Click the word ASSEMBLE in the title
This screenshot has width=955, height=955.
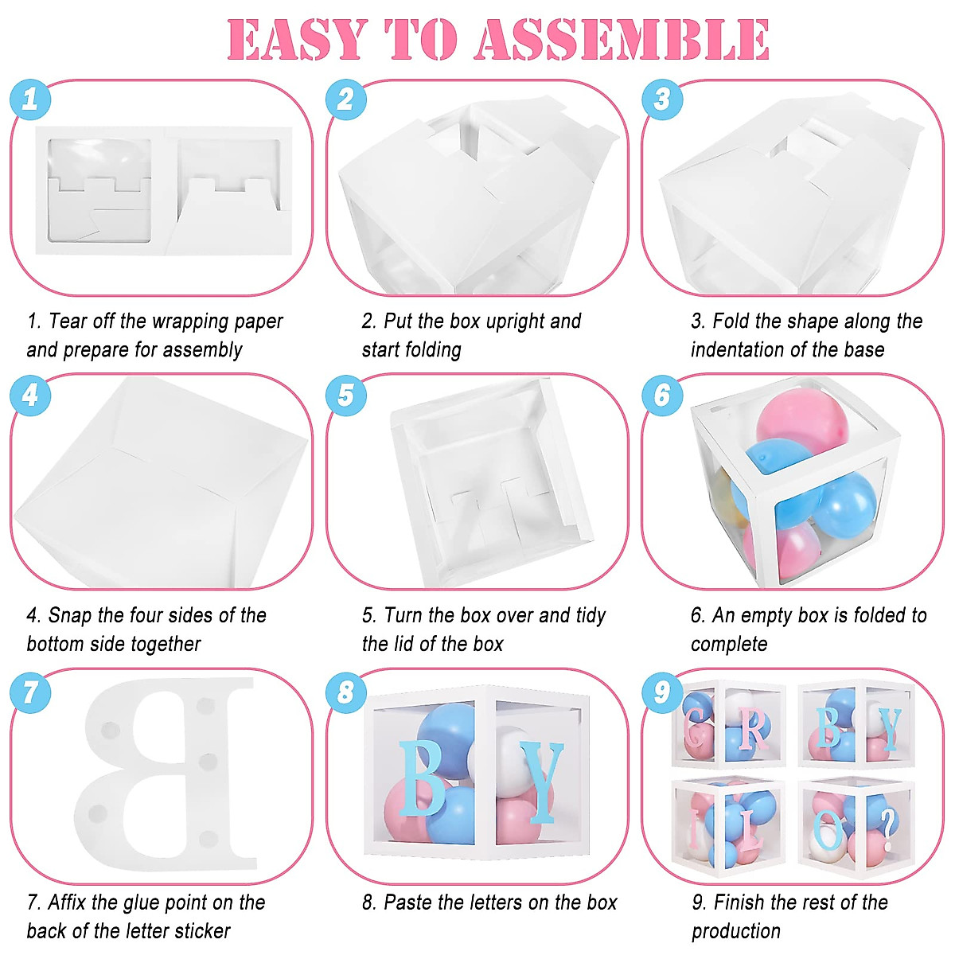(x=623, y=40)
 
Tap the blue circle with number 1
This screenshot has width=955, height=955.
(x=30, y=99)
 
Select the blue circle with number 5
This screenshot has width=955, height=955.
(x=346, y=396)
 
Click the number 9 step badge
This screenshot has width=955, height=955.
(x=662, y=691)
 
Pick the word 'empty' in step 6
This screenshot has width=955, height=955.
(x=767, y=615)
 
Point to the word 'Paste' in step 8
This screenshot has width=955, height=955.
(x=408, y=902)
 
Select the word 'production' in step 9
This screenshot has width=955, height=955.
(x=736, y=931)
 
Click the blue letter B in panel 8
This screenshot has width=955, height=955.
(x=421, y=778)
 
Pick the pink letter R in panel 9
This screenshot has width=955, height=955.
(x=753, y=727)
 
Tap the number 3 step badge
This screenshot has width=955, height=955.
(x=662, y=99)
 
